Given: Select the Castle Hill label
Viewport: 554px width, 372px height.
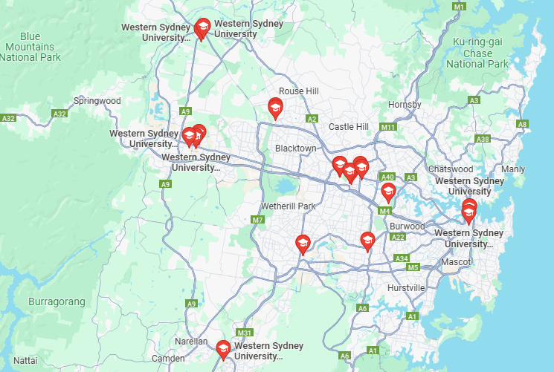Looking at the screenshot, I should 348,127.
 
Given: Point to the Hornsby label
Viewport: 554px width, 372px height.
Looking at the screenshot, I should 405,105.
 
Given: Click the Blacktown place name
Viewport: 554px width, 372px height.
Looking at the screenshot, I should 295,149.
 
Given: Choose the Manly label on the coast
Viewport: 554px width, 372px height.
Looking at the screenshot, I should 513,169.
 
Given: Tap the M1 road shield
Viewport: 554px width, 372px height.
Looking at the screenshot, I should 459,7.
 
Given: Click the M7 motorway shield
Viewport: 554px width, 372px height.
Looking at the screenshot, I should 258,220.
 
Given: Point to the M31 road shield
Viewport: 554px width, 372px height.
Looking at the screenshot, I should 244,332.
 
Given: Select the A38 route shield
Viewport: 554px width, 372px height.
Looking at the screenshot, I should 483,139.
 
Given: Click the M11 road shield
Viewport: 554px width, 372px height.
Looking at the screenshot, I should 387,128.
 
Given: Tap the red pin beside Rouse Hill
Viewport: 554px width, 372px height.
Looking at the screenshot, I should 275,108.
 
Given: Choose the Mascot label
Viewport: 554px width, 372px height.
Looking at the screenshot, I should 455,262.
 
